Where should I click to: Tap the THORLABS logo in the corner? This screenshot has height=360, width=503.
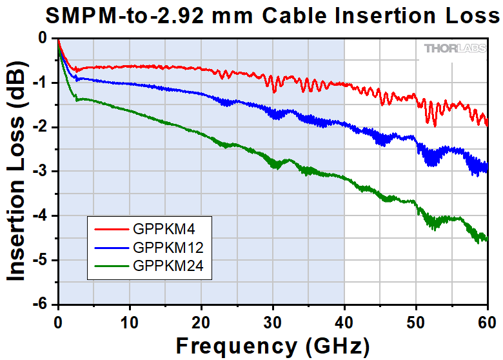(452, 48)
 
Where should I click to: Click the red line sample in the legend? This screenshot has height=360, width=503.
(112, 228)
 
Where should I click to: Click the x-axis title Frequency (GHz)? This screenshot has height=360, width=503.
(273, 343)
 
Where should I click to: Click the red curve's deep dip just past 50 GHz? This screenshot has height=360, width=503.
(434, 124)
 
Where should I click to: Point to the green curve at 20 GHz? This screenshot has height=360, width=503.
(201, 134)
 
